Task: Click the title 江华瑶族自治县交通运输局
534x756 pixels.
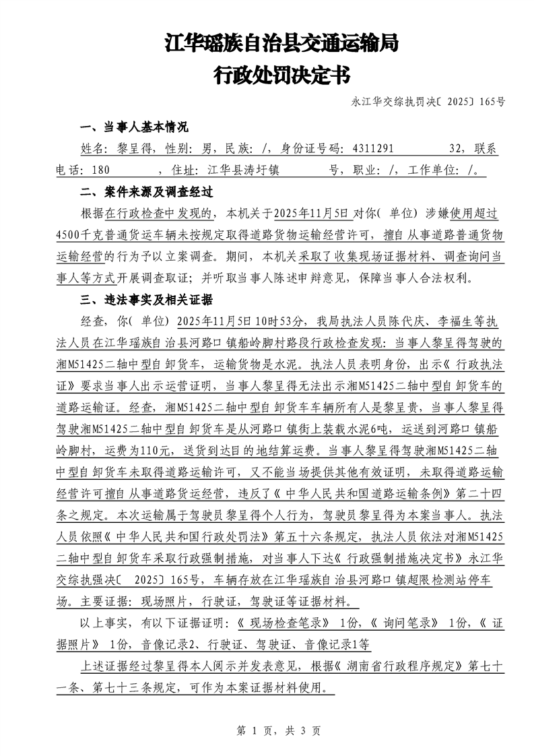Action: [x=281, y=44]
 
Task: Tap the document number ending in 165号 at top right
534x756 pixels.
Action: [x=428, y=102]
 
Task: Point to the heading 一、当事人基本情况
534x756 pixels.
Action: [x=134, y=127]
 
